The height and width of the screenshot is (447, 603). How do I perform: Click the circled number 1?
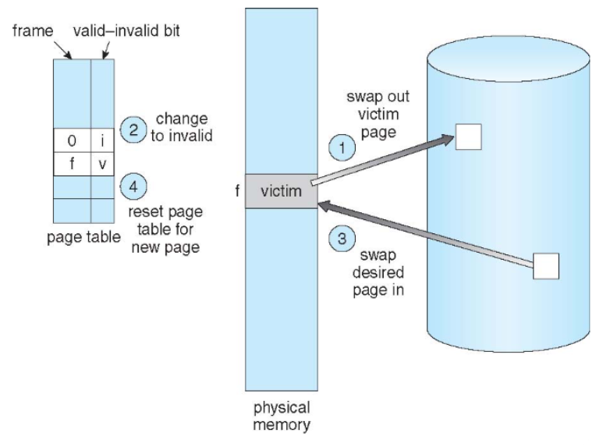point(342,147)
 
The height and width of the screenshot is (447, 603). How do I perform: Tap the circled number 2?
point(133,129)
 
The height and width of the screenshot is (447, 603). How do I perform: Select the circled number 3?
point(342,239)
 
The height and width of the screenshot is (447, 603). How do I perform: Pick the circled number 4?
point(133,186)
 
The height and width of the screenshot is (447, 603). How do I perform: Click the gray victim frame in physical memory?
point(282,191)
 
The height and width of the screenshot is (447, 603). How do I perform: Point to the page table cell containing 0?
point(73,140)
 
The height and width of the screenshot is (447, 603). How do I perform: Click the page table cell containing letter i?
point(103,140)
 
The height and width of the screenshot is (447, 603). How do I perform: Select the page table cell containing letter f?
point(73,165)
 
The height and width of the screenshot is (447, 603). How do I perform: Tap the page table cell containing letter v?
point(103,165)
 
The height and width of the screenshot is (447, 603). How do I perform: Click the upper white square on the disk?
point(468,137)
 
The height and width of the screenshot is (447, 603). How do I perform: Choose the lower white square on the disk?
point(546,266)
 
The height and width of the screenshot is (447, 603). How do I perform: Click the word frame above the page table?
point(33,30)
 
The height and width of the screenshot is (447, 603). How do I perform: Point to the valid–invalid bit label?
point(126,30)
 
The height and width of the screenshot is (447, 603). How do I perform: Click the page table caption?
point(83,237)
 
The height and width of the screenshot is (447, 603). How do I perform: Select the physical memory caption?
point(282,417)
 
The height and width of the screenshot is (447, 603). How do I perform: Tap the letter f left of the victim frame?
point(238,190)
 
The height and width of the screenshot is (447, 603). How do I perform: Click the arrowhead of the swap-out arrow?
point(448,140)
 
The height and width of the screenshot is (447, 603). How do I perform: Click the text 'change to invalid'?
point(182,127)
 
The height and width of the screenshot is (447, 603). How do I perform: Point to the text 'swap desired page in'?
point(378,273)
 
